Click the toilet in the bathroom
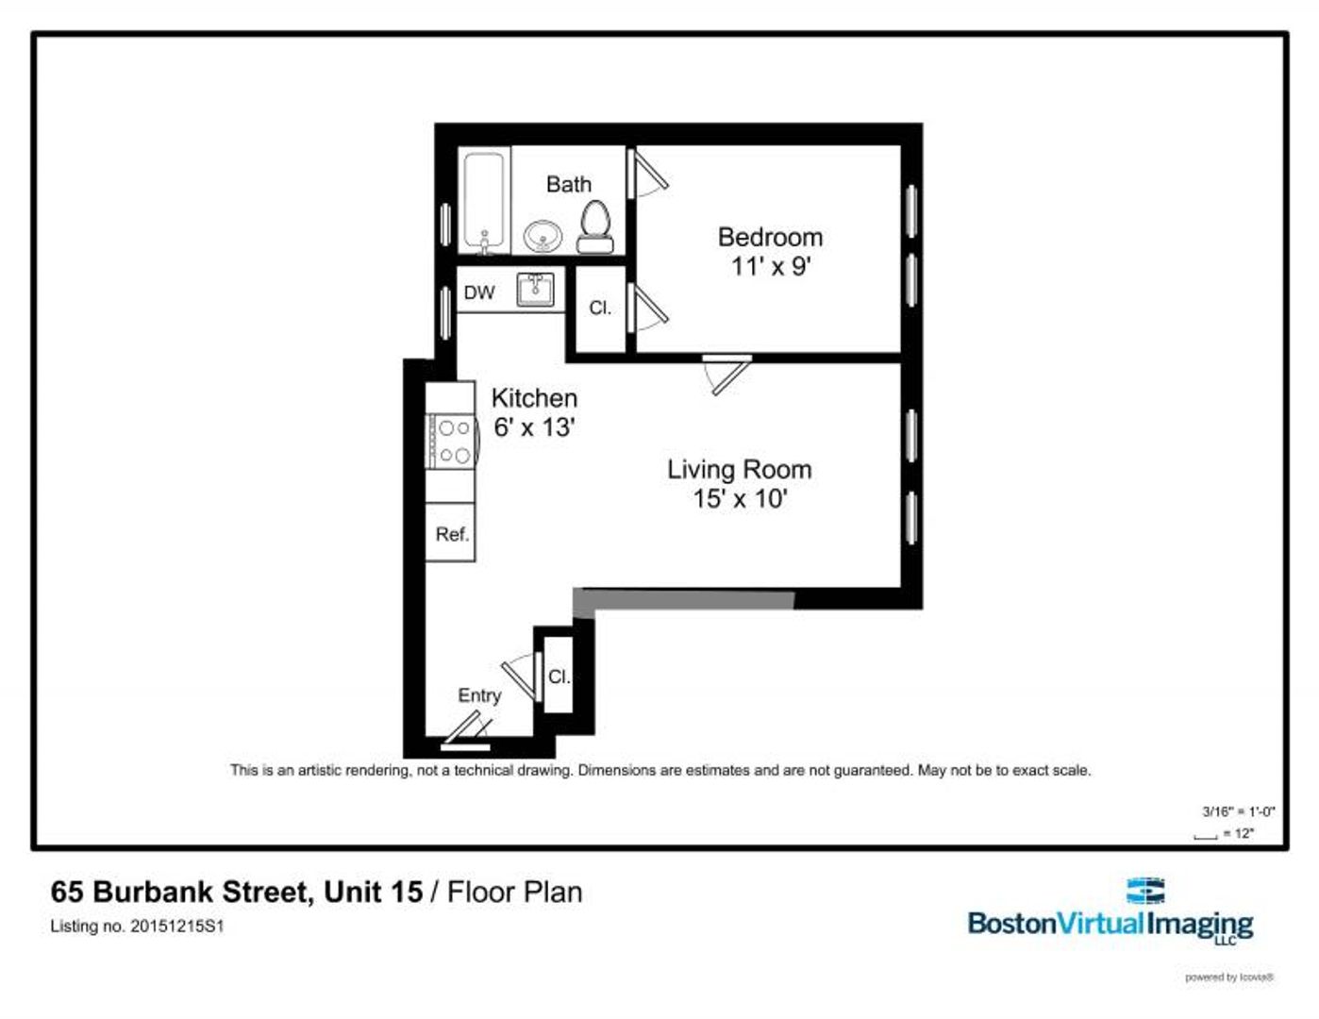pyautogui.click(x=594, y=226)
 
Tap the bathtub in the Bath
pyautogui.click(x=486, y=201)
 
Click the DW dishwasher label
pyautogui.click(x=479, y=292)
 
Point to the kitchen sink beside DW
pyautogui.click(x=536, y=290)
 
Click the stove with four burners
pyautogui.click(x=450, y=442)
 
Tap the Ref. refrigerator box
pyautogui.click(x=451, y=534)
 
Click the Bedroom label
pyautogui.click(x=770, y=237)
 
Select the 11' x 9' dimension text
pyautogui.click(x=770, y=266)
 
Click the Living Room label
pyautogui.click(x=739, y=469)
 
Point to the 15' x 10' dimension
pyautogui.click(x=739, y=498)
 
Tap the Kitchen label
pyautogui.click(x=534, y=398)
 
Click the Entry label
pyautogui.click(x=479, y=695)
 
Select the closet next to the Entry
pyautogui.click(x=559, y=677)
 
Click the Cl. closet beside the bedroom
pyautogui.click(x=600, y=309)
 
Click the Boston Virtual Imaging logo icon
pyautogui.click(x=1145, y=891)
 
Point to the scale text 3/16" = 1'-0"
pyautogui.click(x=1238, y=811)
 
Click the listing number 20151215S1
pyautogui.click(x=176, y=927)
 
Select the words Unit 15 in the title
pyautogui.click(x=373, y=892)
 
